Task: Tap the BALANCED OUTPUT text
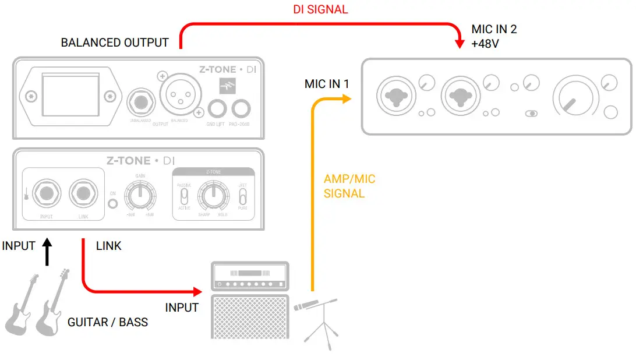pos(115,43)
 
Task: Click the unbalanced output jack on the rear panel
pos(140,104)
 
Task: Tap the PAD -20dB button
pos(241,108)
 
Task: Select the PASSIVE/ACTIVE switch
pos(184,195)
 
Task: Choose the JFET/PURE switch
pos(243,195)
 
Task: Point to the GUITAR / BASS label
pos(108,322)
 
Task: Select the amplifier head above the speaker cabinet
pos(249,277)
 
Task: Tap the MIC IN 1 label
pos(327,84)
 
